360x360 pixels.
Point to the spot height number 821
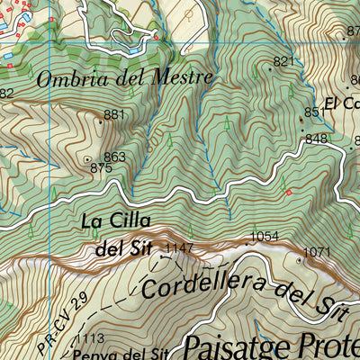tap(283, 61)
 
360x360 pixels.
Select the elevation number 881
tap(114, 114)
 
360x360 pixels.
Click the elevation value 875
tap(101, 167)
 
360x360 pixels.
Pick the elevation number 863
tap(114, 157)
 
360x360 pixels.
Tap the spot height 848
tap(316, 139)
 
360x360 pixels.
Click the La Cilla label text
tap(114, 221)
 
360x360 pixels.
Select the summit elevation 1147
tap(179, 247)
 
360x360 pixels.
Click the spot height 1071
tap(318, 252)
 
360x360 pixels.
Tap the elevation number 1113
tap(90, 338)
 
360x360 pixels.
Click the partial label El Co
tap(342, 103)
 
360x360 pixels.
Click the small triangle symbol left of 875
tap(87, 159)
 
